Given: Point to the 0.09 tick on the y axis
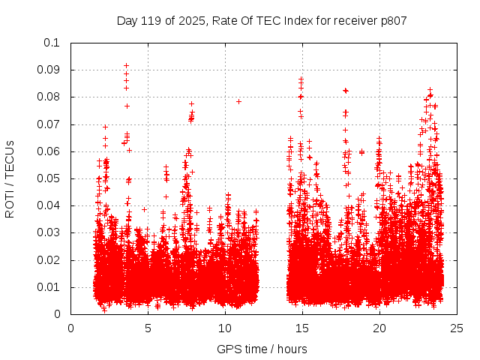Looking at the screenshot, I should click(x=51, y=70).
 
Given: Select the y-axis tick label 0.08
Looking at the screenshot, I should click(x=51, y=97).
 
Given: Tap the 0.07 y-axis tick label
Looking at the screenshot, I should click(x=51, y=124).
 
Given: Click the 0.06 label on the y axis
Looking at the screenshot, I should click(x=51, y=151).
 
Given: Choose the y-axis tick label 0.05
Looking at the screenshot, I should click(x=51, y=178).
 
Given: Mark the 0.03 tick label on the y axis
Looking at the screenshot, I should click(x=51, y=233).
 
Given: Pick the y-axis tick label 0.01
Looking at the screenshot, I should click(x=51, y=287).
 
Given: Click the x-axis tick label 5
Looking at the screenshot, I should click(x=148, y=328).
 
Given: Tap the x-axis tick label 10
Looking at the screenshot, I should click(x=225, y=328).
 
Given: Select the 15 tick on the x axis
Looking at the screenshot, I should click(x=302, y=328).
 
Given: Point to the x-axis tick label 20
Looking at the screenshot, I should click(x=379, y=328).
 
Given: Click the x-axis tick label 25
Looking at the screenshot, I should click(x=457, y=328).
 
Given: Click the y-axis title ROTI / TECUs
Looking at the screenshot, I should click(x=10, y=178).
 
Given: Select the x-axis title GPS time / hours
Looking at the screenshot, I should click(x=262, y=349).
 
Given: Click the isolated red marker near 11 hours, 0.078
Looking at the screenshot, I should click(x=238, y=101).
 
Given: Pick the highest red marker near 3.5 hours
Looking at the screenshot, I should click(x=126, y=65).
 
